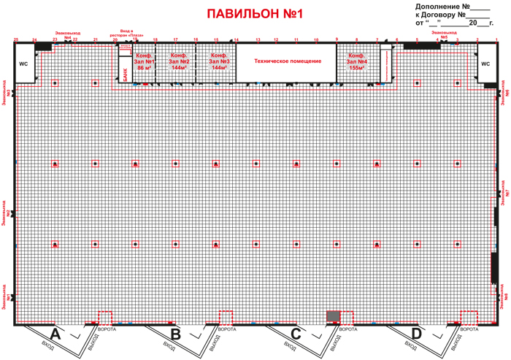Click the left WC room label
(23, 64)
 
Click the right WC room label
(486, 64)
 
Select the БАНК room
(125, 72)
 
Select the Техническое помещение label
(288, 61)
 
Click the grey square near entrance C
(333, 316)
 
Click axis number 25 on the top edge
(15, 39)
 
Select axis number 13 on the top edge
(258, 39)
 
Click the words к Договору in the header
(437, 13)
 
